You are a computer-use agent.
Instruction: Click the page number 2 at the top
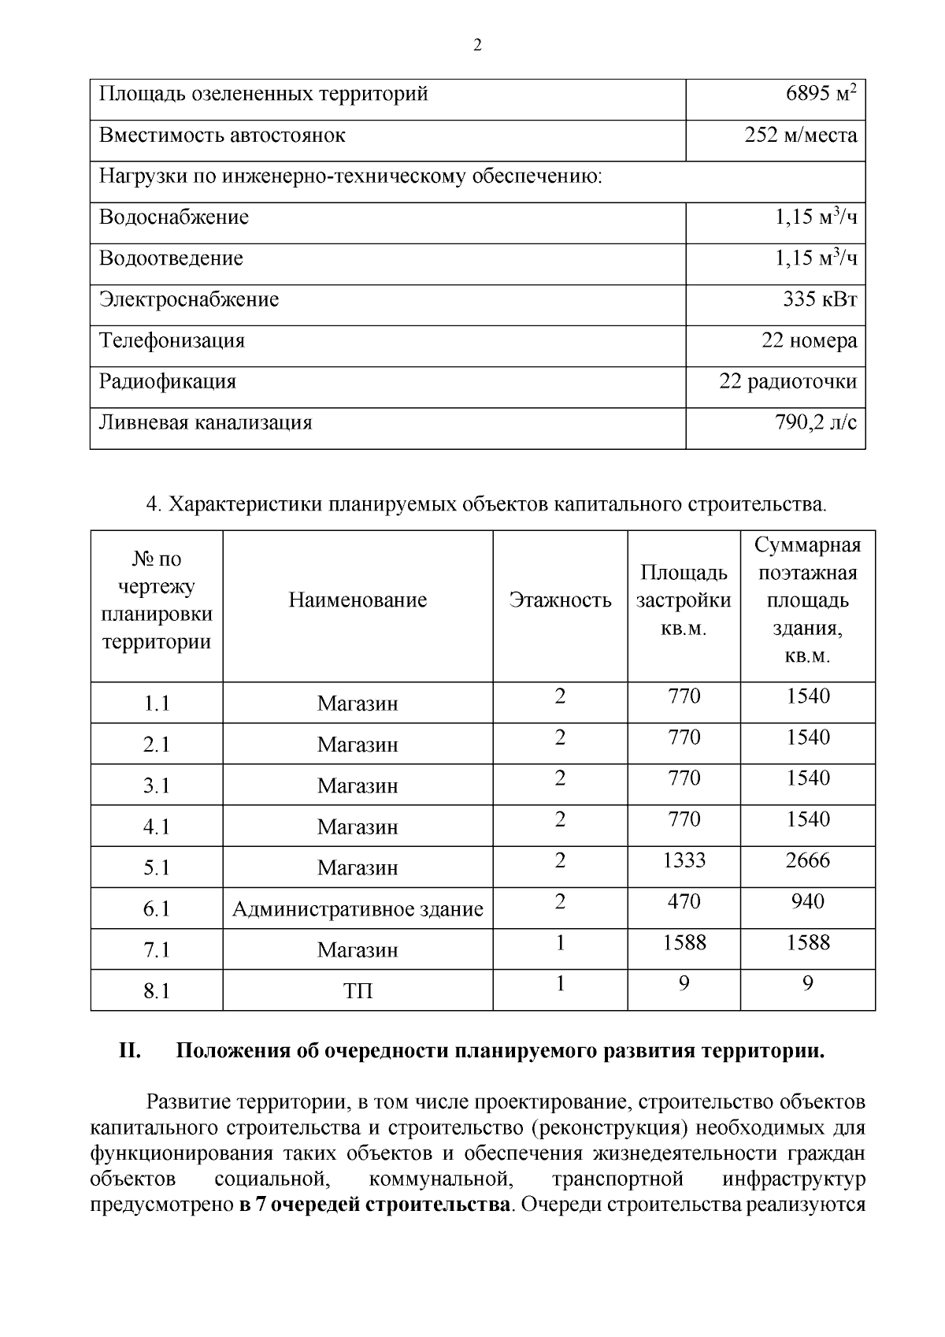click(x=476, y=45)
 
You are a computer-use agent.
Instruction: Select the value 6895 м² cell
click(x=820, y=95)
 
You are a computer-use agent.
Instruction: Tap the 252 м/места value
click(x=800, y=136)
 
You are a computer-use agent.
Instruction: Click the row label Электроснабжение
click(x=189, y=299)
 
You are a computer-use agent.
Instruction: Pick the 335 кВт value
click(x=819, y=299)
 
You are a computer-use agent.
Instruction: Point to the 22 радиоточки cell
click(x=787, y=382)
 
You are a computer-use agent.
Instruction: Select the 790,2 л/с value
click(x=816, y=423)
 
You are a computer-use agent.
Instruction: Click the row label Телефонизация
click(x=172, y=341)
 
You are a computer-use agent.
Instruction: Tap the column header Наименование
click(x=358, y=600)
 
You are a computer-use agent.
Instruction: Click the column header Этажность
click(x=560, y=600)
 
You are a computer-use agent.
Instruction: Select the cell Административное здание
click(x=358, y=909)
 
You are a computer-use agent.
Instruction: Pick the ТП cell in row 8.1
click(x=358, y=991)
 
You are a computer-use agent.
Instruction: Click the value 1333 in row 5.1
click(x=684, y=860)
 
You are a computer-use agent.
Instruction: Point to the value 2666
click(x=807, y=860)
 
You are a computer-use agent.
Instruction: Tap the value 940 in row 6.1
click(x=807, y=901)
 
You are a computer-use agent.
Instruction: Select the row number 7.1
click(x=157, y=950)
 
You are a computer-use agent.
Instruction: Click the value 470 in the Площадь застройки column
click(x=684, y=901)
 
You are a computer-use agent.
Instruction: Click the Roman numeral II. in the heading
click(x=129, y=1051)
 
